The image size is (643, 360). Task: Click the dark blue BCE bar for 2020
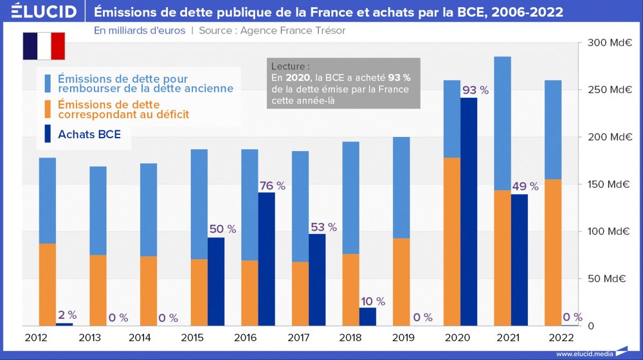pos(469,212)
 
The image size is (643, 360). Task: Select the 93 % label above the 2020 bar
pos(475,91)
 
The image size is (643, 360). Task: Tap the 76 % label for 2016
pos(272,186)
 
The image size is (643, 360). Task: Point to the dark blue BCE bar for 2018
pos(368,316)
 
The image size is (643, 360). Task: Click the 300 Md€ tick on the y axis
pos(610,43)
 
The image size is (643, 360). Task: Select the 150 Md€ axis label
pos(610,184)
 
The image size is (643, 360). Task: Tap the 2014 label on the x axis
pos(140,337)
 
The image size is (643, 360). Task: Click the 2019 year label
pos(393,337)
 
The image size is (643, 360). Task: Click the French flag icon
pos(44,46)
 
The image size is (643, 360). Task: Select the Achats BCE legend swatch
pos(48,134)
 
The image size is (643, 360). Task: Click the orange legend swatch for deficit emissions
pos(48,109)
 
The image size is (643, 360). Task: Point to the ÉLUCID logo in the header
pos(39,12)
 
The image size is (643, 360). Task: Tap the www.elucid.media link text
pos(584,354)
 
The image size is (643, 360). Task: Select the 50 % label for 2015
pos(222,229)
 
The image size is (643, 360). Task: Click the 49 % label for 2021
pos(525,186)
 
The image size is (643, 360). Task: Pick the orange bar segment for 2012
pos(48,284)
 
